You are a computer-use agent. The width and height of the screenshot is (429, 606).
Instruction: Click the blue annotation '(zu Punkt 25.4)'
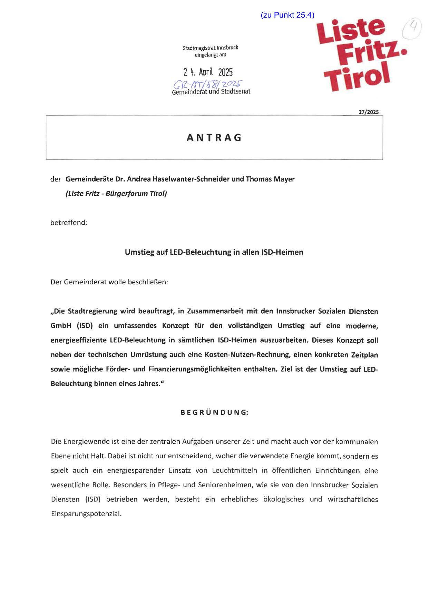pos(287,15)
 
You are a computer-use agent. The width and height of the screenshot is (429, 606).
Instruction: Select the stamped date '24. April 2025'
pos(208,72)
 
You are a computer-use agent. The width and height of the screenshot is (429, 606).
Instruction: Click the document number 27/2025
pos(369,112)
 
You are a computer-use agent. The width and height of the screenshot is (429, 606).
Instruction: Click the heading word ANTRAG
pos(214,138)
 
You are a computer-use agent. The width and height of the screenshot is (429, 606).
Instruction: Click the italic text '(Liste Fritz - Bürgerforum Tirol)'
pos(116,194)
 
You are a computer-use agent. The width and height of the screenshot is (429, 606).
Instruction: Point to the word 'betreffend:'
pos(69,223)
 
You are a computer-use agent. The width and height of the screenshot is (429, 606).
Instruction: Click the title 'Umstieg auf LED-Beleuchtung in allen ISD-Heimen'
pos(214,252)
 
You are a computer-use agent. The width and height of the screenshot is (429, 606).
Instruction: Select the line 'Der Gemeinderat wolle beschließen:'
pos(109,282)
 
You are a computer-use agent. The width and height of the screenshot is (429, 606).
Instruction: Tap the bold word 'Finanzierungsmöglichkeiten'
pos(195,369)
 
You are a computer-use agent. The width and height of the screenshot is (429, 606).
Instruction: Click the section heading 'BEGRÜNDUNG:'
pos(214,412)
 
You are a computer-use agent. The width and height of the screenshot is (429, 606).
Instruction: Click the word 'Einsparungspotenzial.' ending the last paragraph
pos(86,514)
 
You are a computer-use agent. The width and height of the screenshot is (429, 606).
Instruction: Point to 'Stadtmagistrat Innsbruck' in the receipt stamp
pos(211,48)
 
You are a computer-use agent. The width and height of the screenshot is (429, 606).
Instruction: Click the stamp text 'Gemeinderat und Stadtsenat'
pos(211,92)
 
